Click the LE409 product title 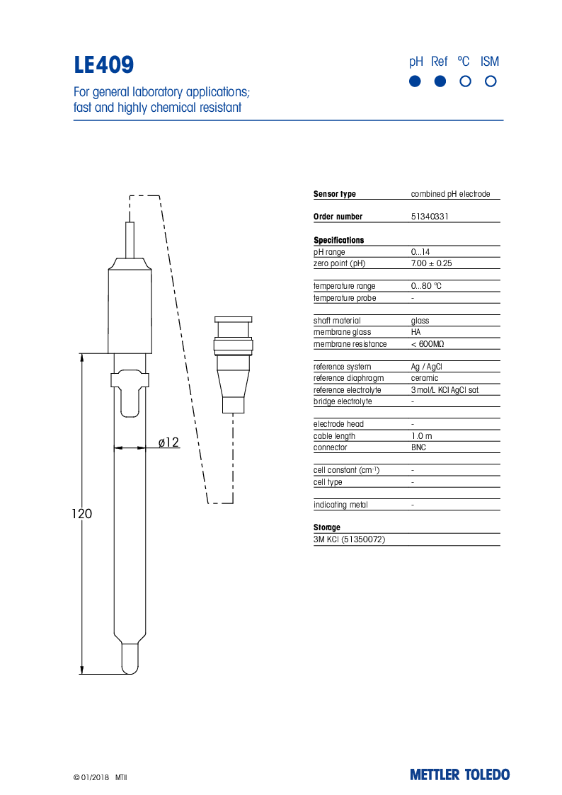(x=104, y=65)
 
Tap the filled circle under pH (x=415, y=81)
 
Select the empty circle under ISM (x=491, y=81)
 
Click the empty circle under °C (x=465, y=81)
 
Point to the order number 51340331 (x=430, y=217)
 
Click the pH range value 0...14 (x=420, y=252)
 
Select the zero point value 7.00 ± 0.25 (x=431, y=263)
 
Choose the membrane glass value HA (x=415, y=332)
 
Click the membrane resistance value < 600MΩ (x=428, y=344)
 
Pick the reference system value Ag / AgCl (x=426, y=367)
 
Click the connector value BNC (x=418, y=447)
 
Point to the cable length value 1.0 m (x=421, y=436)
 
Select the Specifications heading (x=338, y=240)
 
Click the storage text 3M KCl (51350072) (x=349, y=539)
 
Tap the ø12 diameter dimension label (x=168, y=443)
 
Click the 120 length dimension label (x=81, y=514)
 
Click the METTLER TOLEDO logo (x=459, y=774)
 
